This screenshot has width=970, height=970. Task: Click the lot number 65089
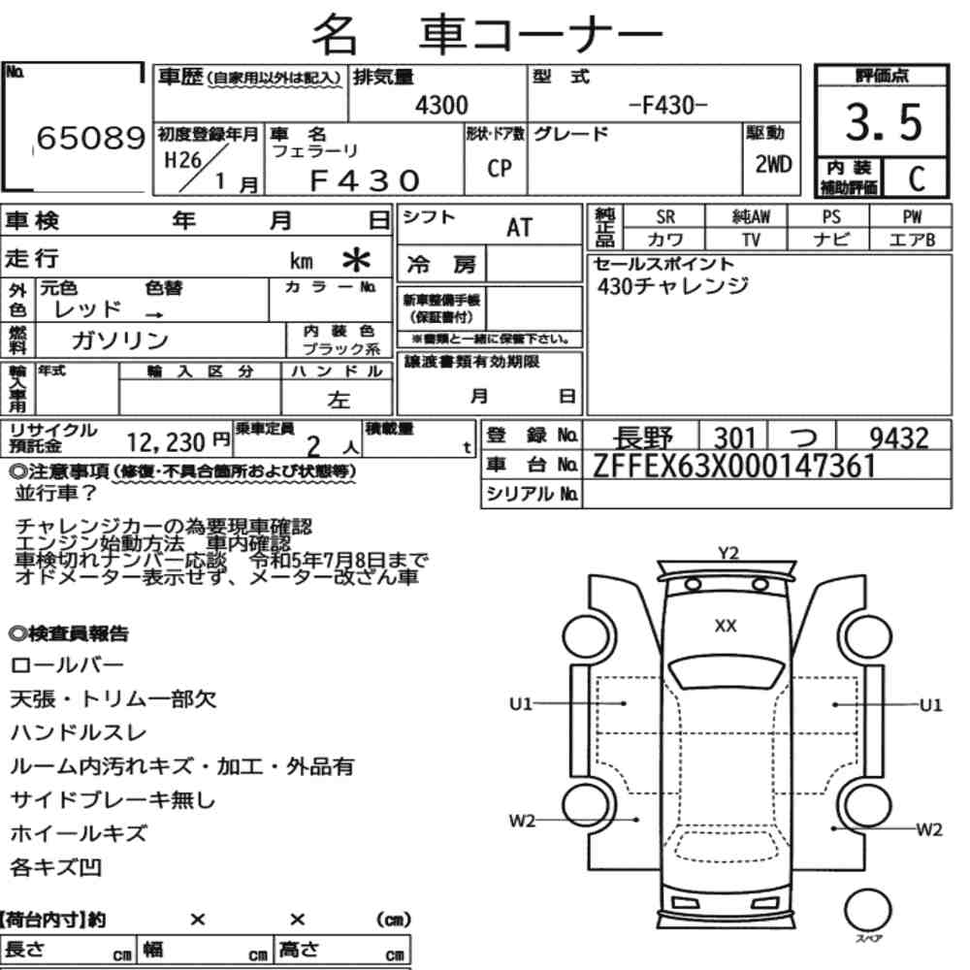[91, 138]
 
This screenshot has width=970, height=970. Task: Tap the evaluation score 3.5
[884, 122]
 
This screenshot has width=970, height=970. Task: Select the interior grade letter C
[917, 178]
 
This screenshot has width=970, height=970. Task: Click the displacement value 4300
[441, 105]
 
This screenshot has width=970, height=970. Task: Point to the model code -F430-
[667, 105]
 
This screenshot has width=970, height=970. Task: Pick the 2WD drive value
[773, 164]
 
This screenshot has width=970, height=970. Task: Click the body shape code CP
[500, 168]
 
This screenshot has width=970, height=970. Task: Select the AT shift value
[519, 228]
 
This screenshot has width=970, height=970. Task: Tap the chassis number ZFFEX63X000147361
[734, 466]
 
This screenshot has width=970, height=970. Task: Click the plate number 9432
[899, 438]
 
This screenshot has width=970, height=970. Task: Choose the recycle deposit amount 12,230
[165, 442]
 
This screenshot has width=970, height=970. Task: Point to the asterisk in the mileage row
[356, 260]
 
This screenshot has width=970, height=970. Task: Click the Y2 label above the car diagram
[728, 553]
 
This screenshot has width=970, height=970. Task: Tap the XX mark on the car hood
[726, 626]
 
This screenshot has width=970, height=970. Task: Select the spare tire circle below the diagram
[867, 911]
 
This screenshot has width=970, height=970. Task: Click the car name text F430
[365, 180]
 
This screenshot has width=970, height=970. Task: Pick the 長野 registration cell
[642, 438]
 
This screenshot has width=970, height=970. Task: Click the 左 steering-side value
[339, 400]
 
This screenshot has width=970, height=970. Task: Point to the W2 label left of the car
[521, 822]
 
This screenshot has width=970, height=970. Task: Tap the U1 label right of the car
[930, 705]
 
